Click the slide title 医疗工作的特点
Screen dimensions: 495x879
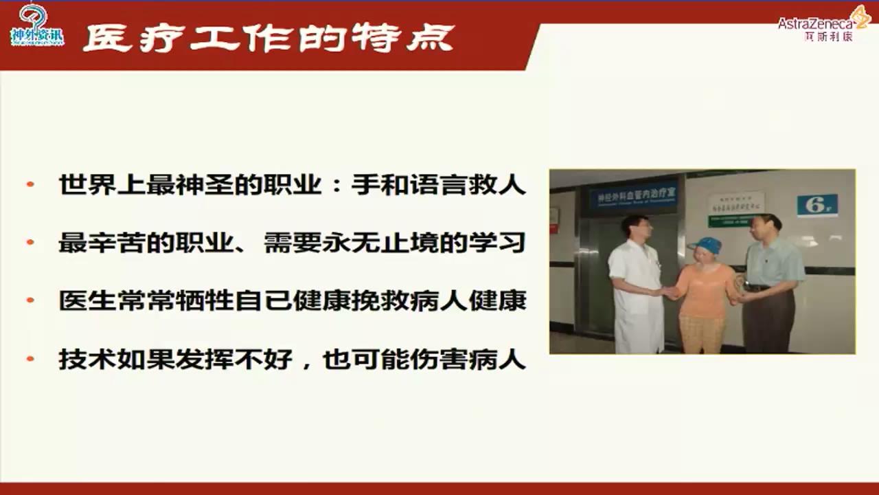269,38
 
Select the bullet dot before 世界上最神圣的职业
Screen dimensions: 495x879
30,185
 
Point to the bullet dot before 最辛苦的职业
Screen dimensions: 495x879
30,243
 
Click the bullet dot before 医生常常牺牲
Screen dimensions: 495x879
30,301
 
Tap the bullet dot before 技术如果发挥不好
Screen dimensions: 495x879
30,360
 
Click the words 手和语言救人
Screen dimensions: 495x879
438,185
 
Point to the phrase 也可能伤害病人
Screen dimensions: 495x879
424,360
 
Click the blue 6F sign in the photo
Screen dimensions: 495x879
817,205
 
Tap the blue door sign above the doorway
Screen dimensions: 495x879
632,197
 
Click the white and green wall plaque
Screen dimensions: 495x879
735,209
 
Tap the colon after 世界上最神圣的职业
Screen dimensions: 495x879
336,186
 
